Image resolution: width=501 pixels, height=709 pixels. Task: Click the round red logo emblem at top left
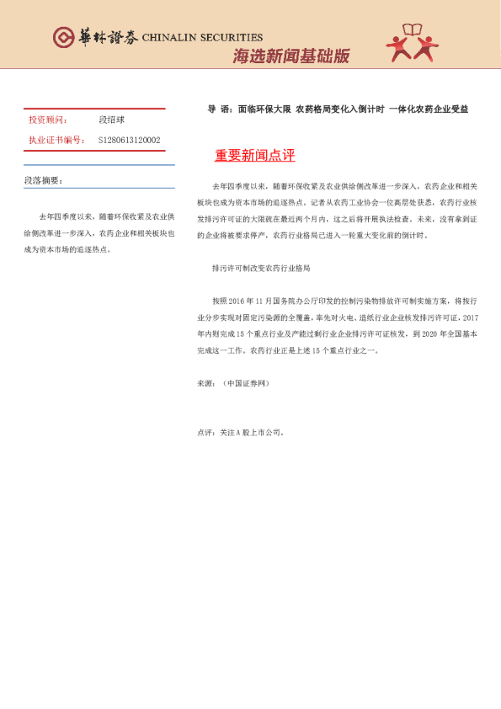click(64, 37)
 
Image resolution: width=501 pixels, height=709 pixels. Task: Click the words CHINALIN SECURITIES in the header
click(202, 38)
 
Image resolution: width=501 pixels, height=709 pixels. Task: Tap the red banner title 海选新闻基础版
click(290, 56)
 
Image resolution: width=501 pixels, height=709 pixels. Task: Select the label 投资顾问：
click(49, 121)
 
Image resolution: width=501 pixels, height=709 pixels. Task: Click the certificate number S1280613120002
click(129, 140)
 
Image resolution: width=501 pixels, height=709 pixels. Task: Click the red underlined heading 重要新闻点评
click(254, 156)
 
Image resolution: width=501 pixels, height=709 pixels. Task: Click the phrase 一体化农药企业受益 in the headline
click(428, 109)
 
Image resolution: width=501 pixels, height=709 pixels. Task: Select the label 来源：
click(206, 382)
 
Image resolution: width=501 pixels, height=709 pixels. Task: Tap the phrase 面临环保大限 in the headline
click(264, 109)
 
